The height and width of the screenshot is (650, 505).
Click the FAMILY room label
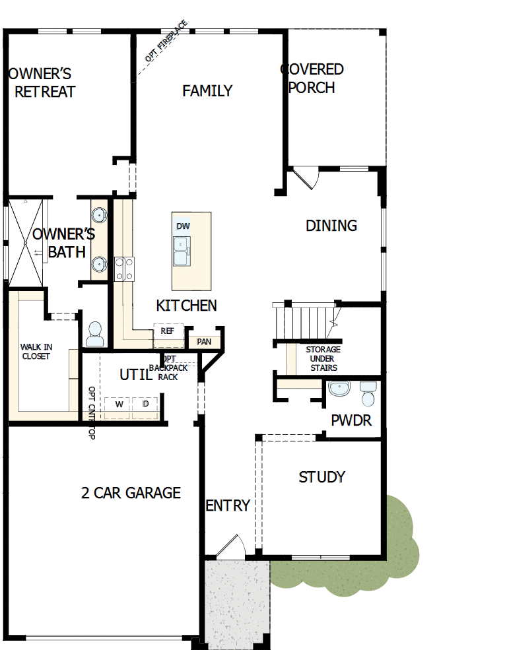[207, 91]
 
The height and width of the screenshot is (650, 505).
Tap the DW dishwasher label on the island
[183, 226]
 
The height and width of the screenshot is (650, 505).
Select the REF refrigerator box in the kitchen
[167, 331]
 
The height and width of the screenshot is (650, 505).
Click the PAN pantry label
[204, 342]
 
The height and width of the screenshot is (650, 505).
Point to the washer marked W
[119, 404]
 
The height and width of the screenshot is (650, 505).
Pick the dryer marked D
[145, 404]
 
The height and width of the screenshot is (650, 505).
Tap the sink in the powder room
[340, 389]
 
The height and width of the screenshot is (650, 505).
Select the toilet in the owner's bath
[95, 333]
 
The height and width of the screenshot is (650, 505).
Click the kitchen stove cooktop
[124, 269]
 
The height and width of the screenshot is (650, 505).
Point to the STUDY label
[322, 477]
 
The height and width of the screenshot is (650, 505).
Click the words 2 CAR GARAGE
[131, 493]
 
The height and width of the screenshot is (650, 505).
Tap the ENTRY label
[228, 505]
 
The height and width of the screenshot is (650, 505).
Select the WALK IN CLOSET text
[36, 351]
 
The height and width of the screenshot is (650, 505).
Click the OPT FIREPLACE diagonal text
[166, 40]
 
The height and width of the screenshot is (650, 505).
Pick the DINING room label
[331, 226]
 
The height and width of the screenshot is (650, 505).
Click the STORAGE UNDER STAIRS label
[323, 358]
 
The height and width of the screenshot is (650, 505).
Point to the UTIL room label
[136, 375]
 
